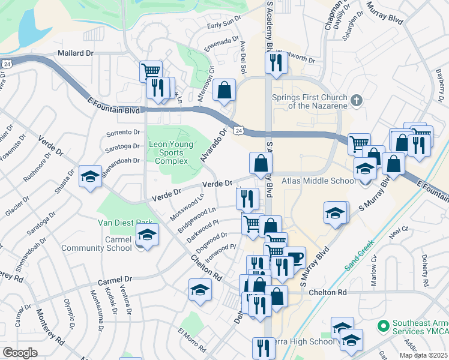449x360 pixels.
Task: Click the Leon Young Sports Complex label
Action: pyautogui.click(x=171, y=153)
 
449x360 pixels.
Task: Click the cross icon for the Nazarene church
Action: pyautogui.click(x=356, y=100)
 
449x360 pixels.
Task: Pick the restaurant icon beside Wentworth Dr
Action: pyautogui.click(x=276, y=62)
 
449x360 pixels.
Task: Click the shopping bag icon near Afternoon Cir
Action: pyautogui.click(x=224, y=91)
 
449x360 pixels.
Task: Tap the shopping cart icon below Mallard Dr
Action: pyautogui.click(x=151, y=71)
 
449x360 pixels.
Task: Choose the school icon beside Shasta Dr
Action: pyautogui.click(x=90, y=176)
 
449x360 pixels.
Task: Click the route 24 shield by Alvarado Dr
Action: pyautogui.click(x=239, y=130)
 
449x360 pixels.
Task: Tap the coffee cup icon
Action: pyautogui.click(x=294, y=257)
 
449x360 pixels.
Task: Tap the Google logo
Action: pyautogui.click(x=20, y=353)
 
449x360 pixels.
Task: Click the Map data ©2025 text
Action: pyautogui.click(x=423, y=355)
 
